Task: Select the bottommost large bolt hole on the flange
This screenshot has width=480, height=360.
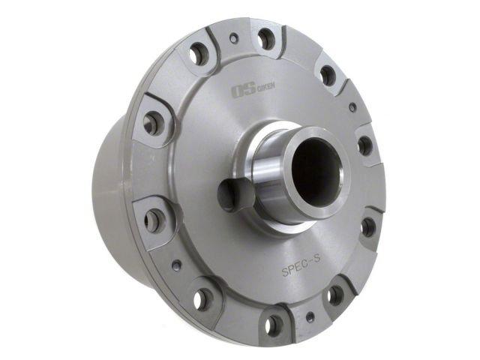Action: click(x=274, y=325)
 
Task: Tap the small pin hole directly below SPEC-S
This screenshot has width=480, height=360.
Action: click(x=310, y=317)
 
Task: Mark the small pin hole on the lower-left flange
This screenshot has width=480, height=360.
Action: click(x=176, y=265)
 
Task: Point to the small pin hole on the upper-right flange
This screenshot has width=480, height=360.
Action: click(x=352, y=107)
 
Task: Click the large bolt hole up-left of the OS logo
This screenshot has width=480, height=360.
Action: click(x=199, y=53)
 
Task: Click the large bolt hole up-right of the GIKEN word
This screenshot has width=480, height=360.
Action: click(x=328, y=75)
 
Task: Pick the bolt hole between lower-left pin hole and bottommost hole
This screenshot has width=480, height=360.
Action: click(x=203, y=299)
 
